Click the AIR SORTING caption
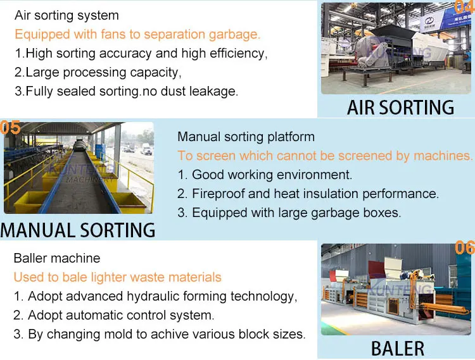point(400,107)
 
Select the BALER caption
point(398,347)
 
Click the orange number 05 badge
point(11,128)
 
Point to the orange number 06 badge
point(465,247)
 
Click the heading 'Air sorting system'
point(66,15)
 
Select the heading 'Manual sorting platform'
point(246,137)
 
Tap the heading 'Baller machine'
point(57,258)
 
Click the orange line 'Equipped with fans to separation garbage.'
point(137,34)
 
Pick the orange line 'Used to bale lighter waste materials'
point(118,277)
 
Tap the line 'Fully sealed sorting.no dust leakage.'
point(126,91)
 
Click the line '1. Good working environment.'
point(265,175)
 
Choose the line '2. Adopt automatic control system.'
point(114,315)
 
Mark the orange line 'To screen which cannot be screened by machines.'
point(325,156)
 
